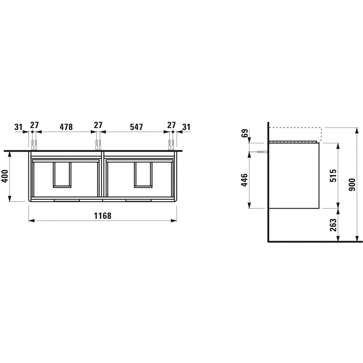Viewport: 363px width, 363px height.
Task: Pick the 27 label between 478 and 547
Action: coord(98,125)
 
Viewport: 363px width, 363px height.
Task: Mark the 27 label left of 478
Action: coord(34,125)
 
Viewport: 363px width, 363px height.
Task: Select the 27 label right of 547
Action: coord(171,125)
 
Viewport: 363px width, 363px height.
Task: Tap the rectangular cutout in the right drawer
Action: coord(142,175)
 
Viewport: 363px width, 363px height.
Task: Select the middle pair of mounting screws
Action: coord(98,144)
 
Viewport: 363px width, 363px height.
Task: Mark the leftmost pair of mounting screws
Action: coord(34,144)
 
